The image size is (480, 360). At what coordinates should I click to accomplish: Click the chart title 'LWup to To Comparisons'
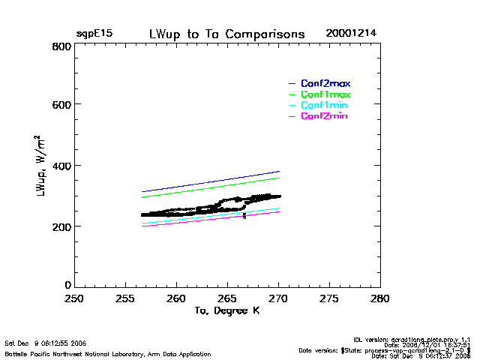pyautogui.click(x=226, y=34)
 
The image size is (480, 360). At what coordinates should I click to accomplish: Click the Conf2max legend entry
pyautogui.click(x=325, y=83)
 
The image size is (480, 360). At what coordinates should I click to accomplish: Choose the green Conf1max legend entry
pyautogui.click(x=325, y=94)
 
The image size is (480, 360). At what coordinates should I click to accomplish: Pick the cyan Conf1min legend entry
pyautogui.click(x=324, y=106)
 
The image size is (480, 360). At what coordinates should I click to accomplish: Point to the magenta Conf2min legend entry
pyautogui.click(x=324, y=116)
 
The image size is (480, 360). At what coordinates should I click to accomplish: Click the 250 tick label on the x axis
pyautogui.click(x=74, y=298)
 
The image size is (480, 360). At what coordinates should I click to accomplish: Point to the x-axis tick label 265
pyautogui.click(x=227, y=298)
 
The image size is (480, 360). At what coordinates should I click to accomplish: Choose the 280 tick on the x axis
pyautogui.click(x=380, y=298)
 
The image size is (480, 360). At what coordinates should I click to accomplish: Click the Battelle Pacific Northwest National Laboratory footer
pyautogui.click(x=108, y=354)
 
